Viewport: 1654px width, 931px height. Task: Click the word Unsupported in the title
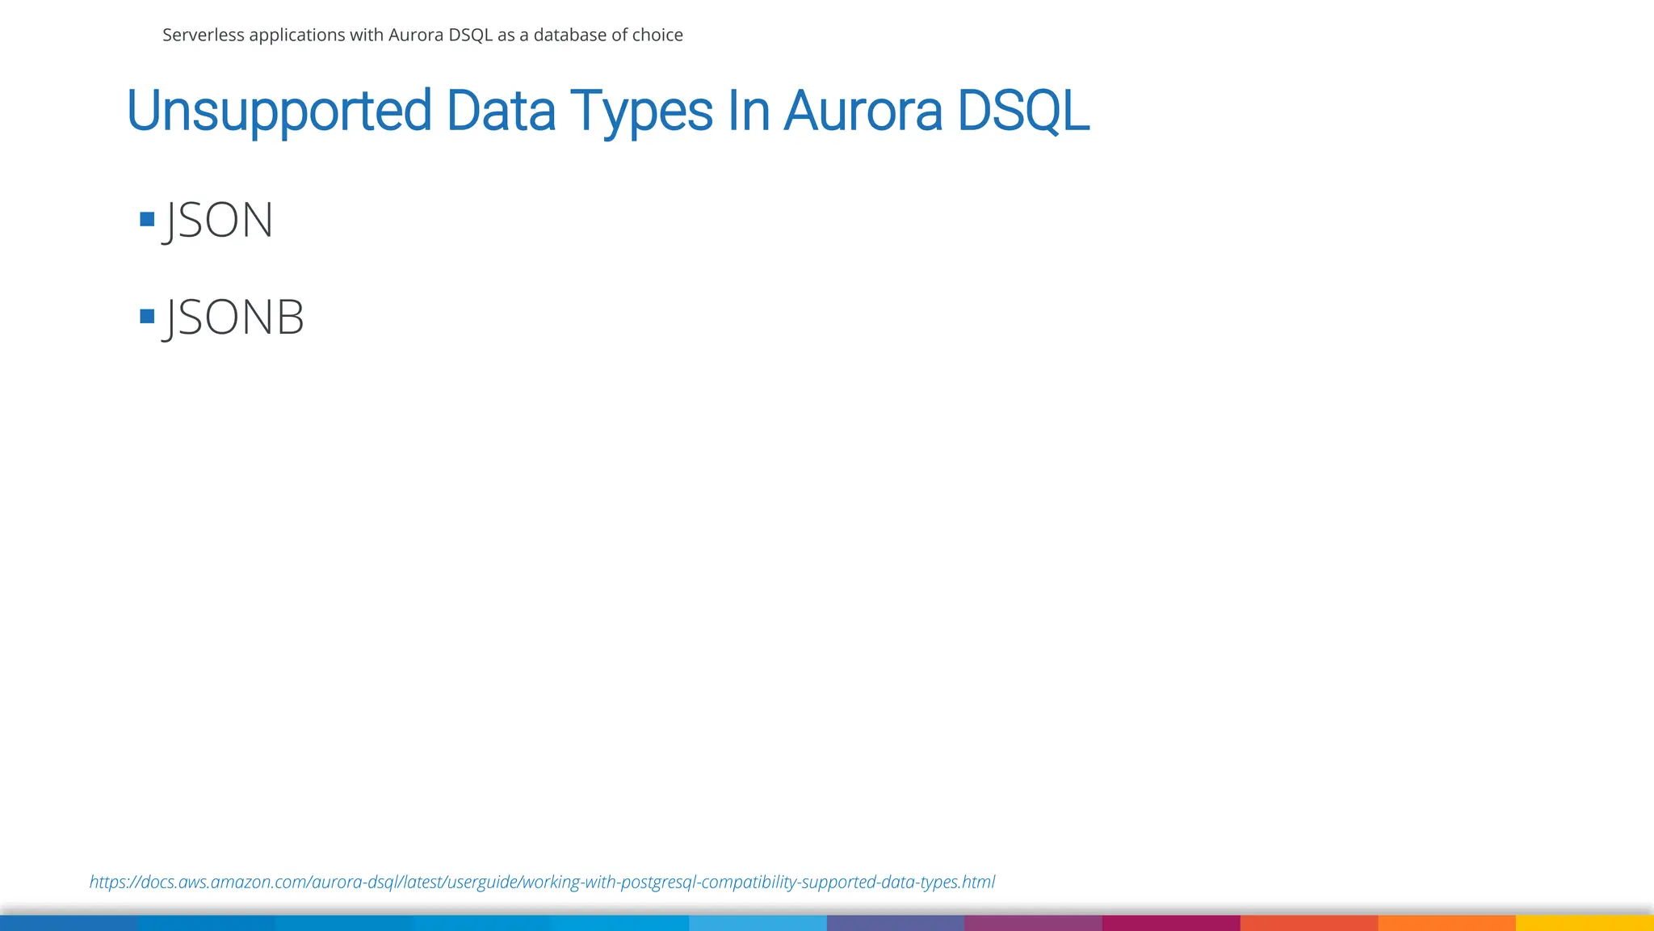[x=279, y=111]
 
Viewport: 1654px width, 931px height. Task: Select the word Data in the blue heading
[x=501, y=111]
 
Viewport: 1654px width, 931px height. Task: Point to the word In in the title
[x=749, y=111]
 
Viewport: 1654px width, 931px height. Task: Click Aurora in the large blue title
[x=863, y=111]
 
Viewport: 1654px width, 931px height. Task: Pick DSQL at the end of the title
[x=1023, y=111]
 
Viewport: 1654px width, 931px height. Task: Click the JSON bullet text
[x=219, y=220]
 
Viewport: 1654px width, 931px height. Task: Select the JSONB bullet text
[x=234, y=317]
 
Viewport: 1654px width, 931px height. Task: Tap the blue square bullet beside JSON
[x=147, y=219]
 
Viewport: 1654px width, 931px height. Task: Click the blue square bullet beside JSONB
[x=147, y=316]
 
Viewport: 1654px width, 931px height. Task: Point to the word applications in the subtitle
[x=296, y=36]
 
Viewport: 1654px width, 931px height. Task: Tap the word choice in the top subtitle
[x=657, y=35]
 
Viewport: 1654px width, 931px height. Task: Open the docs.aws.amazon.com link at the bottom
[x=542, y=882]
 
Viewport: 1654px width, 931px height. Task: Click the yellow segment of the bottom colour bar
[x=1585, y=923]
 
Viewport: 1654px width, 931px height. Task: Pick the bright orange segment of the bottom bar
[x=1446, y=923]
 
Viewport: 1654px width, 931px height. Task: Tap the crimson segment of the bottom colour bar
[x=1171, y=923]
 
